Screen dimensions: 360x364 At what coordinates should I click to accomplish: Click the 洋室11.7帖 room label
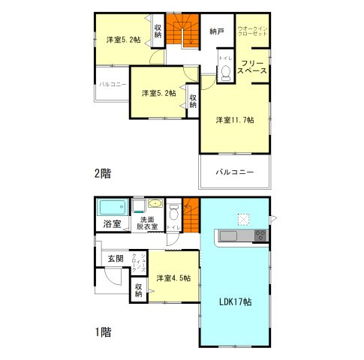(235, 120)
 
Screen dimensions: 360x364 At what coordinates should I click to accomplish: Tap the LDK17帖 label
(235, 303)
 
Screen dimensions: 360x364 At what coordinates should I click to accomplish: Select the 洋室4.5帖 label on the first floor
(173, 278)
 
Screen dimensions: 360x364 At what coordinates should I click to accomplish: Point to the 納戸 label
(217, 31)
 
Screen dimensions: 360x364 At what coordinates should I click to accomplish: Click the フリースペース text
(253, 66)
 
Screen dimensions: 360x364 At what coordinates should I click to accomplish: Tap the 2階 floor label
(102, 173)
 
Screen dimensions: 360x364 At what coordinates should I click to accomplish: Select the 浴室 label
(111, 223)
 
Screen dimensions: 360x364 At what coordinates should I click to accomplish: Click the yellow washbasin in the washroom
(154, 203)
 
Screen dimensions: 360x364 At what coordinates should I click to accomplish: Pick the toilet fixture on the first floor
(173, 211)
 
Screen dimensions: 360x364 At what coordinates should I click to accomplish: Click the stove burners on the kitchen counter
(260, 235)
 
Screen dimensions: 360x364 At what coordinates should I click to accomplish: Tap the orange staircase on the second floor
(180, 33)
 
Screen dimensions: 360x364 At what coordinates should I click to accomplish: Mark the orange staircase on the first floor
(190, 212)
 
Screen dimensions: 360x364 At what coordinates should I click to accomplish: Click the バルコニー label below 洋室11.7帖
(234, 172)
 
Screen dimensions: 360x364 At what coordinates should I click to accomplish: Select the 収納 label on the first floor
(140, 289)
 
